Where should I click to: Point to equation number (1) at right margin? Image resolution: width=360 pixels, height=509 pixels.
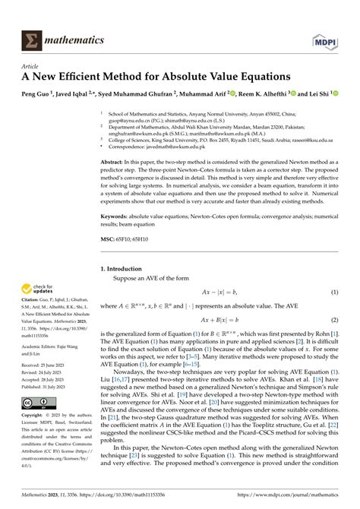point(334,292)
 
